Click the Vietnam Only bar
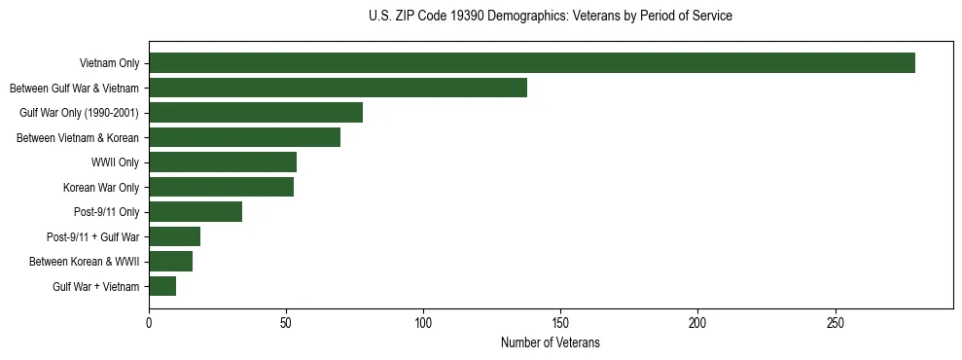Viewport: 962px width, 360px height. [532, 63]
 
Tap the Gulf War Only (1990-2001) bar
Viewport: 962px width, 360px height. [256, 113]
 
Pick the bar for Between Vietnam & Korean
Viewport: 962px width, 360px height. [244, 137]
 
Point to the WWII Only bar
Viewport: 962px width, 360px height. [223, 162]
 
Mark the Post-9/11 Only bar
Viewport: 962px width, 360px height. [196, 212]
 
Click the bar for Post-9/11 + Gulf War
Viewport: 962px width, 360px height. [174, 236]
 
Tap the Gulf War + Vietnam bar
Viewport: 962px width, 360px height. [162, 286]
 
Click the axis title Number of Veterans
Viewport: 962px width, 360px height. [550, 343]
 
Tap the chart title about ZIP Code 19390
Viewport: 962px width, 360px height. [550, 17]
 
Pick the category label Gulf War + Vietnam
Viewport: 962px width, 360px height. [96, 287]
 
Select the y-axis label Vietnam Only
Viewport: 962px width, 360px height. [109, 64]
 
